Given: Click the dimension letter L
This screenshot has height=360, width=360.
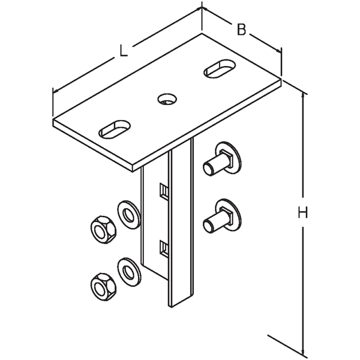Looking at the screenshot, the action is [x=123, y=51].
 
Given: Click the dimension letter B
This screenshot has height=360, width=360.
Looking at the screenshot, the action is [x=241, y=29].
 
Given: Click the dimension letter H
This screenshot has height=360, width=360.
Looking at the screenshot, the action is [x=302, y=212].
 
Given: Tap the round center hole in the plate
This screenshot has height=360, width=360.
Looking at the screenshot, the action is [x=167, y=99].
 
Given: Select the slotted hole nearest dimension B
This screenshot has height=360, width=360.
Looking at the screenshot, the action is [x=220, y=68].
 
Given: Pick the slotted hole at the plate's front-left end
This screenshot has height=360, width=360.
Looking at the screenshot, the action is [x=115, y=129].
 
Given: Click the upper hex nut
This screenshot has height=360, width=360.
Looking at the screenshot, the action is [x=103, y=230].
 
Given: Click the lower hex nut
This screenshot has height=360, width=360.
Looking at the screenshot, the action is [x=103, y=287].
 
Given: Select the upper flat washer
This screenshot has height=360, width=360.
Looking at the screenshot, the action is [x=128, y=215].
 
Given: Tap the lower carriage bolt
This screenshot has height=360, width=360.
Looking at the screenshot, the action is [x=222, y=216].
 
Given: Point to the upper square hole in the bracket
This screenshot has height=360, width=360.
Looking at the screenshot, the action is [x=164, y=191].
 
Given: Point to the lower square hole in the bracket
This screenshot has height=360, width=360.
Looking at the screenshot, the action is [x=164, y=248].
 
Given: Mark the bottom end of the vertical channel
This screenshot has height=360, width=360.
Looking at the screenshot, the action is [x=181, y=301].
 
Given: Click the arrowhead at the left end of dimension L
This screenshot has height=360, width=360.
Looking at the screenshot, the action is [x=56, y=91].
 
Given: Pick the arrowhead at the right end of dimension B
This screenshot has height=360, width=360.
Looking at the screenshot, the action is [x=278, y=50].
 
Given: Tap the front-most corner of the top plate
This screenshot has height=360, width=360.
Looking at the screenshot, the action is [x=133, y=172].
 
